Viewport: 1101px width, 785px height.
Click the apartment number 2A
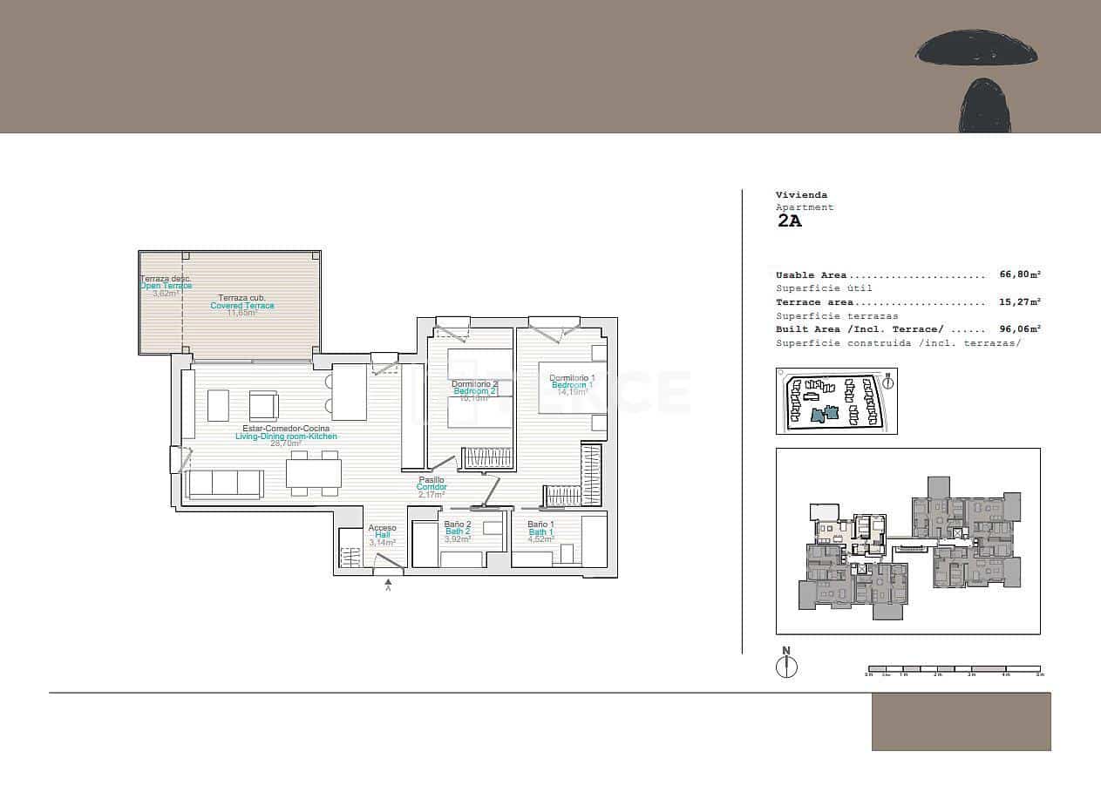[789, 220]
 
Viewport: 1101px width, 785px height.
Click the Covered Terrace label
[242, 306]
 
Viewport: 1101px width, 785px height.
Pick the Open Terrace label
[166, 286]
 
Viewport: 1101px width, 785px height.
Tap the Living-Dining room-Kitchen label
[286, 436]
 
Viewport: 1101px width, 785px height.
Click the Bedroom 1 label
[572, 384]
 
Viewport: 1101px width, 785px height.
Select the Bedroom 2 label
[475, 391]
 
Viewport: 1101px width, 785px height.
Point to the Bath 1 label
[540, 531]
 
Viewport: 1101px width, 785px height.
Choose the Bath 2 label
[457, 531]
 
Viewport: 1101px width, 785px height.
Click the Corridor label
[432, 487]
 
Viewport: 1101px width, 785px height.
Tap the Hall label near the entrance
[382, 535]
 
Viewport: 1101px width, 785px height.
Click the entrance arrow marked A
[389, 585]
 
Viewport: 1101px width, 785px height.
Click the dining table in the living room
[314, 473]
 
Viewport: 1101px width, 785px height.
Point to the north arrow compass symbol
[786, 666]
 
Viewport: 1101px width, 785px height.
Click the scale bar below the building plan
[953, 670]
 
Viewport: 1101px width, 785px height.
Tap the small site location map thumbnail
[836, 401]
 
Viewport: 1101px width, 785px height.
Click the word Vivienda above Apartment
[801, 195]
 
